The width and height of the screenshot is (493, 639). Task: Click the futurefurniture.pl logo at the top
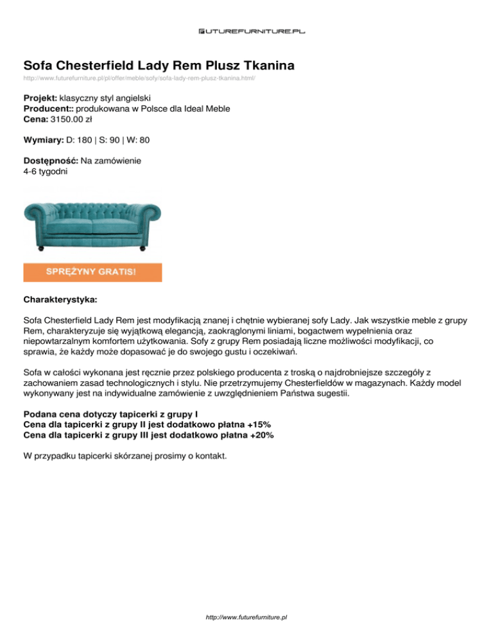246,30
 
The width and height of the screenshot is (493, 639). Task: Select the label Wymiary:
43,139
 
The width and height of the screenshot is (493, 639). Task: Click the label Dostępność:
51,160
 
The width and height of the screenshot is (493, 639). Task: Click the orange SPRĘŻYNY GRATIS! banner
92,272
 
